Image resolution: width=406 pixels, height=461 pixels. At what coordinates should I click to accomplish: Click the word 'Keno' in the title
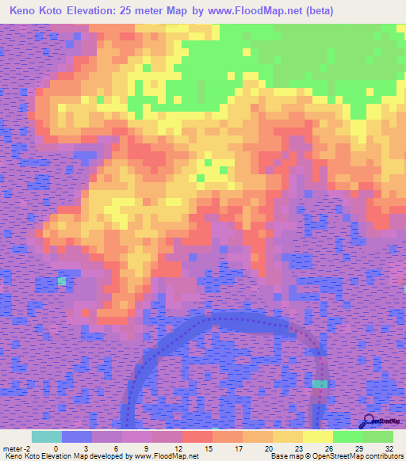[x=26, y=11]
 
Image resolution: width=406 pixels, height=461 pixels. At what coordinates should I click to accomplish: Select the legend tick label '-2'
[x=28, y=448]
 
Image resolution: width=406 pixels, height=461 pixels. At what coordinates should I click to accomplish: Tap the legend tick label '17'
[x=240, y=448]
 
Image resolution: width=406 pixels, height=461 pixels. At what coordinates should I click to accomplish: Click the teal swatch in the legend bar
[x=47, y=436]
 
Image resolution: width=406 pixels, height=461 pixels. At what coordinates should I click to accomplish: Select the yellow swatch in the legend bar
[x=317, y=436]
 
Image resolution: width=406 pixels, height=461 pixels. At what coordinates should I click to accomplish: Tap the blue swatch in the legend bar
[x=77, y=436]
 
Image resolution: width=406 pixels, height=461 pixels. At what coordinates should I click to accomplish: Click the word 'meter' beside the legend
[x=12, y=448]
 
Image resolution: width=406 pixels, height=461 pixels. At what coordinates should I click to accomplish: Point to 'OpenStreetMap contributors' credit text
[x=360, y=457]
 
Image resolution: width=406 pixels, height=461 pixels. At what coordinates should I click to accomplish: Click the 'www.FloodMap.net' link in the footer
[x=166, y=457]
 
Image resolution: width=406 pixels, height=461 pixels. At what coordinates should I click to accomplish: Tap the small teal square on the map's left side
[x=62, y=280]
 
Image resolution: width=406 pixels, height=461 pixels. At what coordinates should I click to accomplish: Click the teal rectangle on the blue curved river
[x=319, y=383]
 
